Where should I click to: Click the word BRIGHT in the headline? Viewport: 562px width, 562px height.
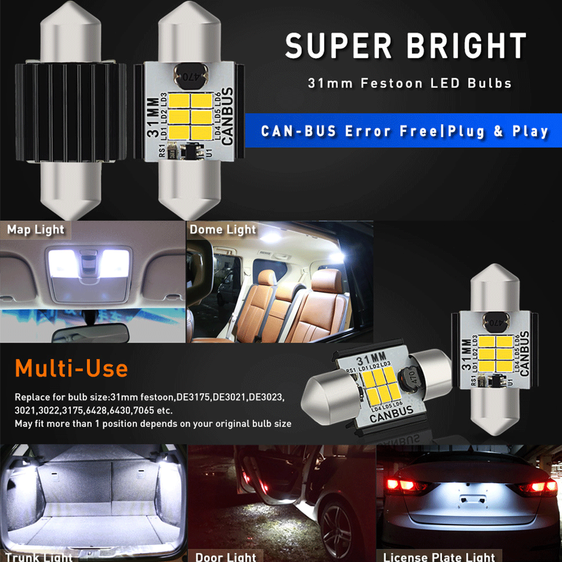(467, 46)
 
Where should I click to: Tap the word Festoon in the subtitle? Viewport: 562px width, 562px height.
(383, 84)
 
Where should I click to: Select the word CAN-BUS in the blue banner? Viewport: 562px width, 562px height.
(299, 132)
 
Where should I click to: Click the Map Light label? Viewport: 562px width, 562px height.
(36, 230)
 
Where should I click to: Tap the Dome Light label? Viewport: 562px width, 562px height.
(222, 230)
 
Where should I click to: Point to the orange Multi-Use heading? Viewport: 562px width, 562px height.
(71, 369)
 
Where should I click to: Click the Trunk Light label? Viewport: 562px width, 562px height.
(39, 556)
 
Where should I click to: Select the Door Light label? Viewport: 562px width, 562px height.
(226, 556)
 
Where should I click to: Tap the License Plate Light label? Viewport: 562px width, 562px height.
(439, 556)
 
